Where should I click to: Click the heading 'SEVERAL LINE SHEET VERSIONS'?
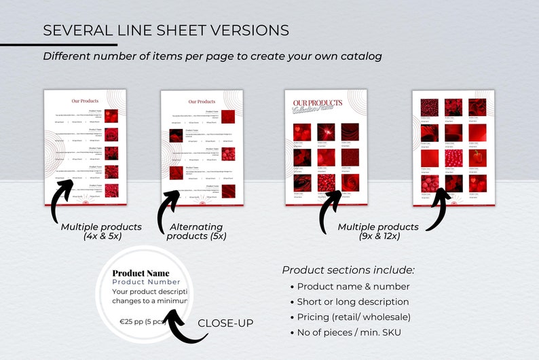pos(166,31)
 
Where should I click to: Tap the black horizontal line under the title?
pos(68,45)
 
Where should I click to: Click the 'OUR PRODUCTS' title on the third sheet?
pos(317,103)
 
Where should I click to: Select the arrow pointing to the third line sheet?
pos(330,208)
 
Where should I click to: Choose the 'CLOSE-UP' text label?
pos(225,323)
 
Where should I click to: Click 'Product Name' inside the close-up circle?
pos(141,273)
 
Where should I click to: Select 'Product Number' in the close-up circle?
pos(146,282)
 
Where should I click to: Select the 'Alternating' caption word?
pos(196,227)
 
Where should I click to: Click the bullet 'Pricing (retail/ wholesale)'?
pos(353,317)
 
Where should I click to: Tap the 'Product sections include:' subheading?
pos(348,270)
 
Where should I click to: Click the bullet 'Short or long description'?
pos(352,302)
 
